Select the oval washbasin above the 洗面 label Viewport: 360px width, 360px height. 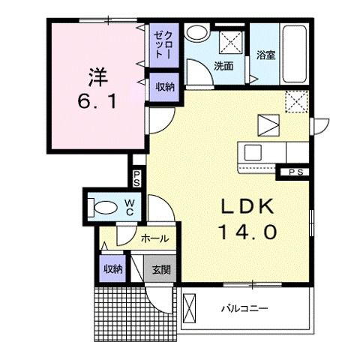click(198, 33)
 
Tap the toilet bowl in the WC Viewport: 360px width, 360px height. click(102, 206)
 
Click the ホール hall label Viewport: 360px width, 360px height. click(154, 239)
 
